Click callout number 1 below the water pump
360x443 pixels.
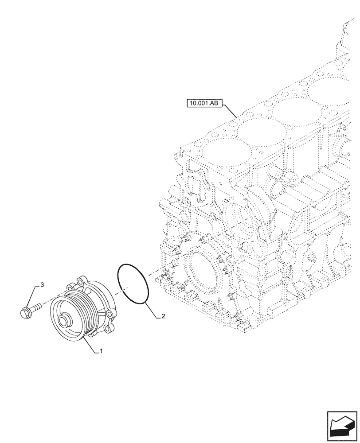coord(102,351)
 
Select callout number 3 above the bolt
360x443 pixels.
coord(42,284)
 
